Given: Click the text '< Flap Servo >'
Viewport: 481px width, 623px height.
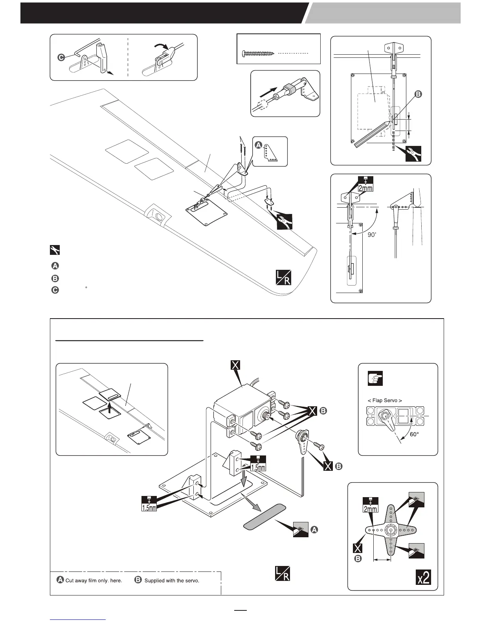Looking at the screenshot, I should (385, 401).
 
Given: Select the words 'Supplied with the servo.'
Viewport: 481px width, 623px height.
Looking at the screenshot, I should (172, 581).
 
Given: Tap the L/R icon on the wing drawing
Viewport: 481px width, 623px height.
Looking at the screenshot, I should (283, 278).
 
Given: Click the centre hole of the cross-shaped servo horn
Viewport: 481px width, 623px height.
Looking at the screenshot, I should (391, 530).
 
